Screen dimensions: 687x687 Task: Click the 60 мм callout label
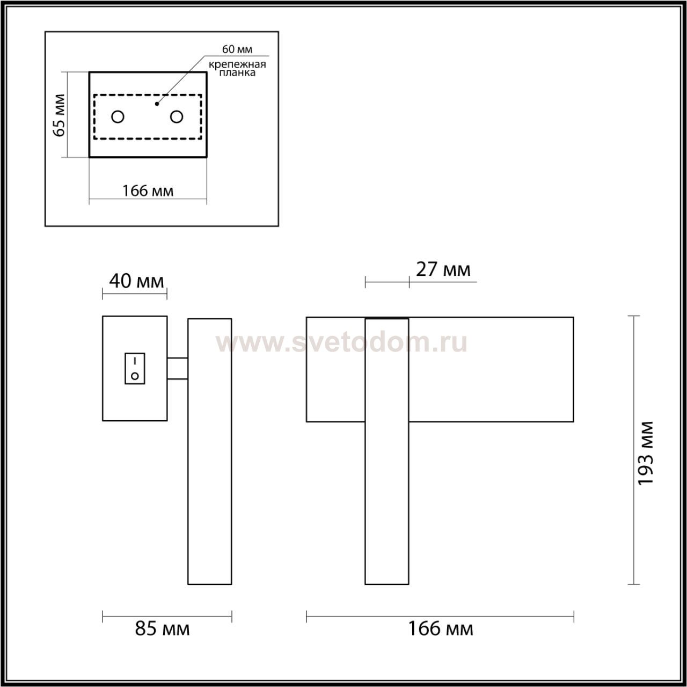click(237, 49)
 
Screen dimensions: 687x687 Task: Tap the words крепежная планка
click(237, 69)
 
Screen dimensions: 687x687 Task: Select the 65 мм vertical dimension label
click(59, 115)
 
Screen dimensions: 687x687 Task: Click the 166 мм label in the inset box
click(148, 191)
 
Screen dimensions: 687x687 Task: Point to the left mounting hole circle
click(118, 116)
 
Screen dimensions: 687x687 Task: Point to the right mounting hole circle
click(177, 116)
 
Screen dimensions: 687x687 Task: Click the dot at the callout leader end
click(157, 104)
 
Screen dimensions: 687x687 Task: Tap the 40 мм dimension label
click(136, 281)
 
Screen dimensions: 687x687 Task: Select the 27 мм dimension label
click(443, 269)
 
